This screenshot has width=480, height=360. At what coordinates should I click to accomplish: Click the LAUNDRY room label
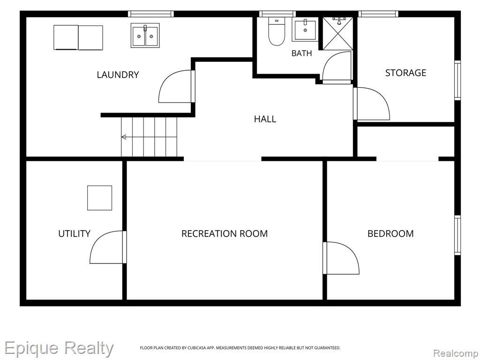point(118,75)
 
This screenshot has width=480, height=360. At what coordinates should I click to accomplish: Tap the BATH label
point(301,53)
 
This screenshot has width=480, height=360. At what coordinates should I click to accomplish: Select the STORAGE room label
point(405,73)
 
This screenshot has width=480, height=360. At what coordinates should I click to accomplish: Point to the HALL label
point(265,119)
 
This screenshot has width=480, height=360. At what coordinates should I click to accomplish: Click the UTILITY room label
point(75,234)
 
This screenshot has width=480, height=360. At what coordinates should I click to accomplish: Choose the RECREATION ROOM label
point(225,234)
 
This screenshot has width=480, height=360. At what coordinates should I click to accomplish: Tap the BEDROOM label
point(390,234)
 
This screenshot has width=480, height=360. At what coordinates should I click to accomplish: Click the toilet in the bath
point(277,31)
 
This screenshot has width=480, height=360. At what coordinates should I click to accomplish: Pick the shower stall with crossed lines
point(338,33)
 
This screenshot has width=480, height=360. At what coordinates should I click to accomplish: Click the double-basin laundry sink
point(145,36)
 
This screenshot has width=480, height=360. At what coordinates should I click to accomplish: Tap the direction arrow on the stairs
point(124,137)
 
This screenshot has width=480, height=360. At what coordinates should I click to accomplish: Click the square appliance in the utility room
point(99,198)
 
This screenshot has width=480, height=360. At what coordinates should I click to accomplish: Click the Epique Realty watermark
point(59,348)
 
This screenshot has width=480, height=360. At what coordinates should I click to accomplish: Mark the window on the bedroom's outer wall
point(457,235)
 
